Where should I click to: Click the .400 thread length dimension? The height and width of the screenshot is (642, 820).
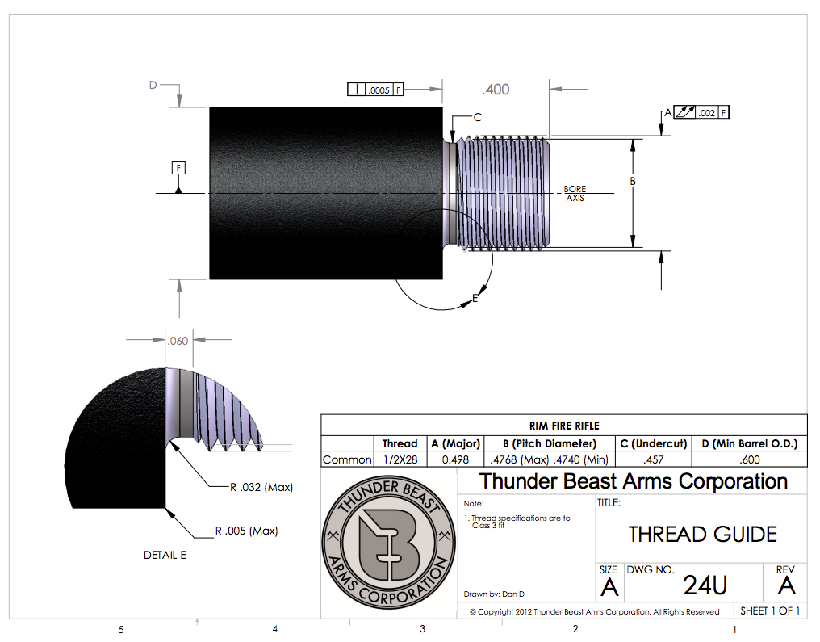point(496,89)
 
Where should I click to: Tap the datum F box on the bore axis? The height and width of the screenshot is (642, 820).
point(178,168)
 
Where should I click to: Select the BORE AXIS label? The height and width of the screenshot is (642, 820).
point(575,194)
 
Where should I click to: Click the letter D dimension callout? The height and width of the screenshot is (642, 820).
point(152,84)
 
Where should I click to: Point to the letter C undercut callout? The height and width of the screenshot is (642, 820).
point(478,117)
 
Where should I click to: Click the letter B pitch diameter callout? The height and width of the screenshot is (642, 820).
point(633,181)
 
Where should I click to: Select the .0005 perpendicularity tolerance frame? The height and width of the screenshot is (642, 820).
point(375,90)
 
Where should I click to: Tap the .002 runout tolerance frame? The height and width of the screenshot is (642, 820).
point(701,111)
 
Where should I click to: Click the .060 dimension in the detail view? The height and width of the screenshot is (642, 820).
point(177,341)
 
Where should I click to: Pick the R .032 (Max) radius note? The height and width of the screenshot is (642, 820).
point(261,487)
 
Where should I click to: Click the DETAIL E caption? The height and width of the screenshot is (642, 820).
point(165,555)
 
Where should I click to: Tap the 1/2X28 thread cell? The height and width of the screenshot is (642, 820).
point(400,459)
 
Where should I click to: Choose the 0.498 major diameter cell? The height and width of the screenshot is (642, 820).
point(456,459)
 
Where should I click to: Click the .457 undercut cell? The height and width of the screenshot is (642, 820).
point(653,459)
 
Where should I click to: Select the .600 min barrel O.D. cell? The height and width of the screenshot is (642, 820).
point(750,459)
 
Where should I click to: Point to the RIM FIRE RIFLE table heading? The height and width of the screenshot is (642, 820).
point(564,426)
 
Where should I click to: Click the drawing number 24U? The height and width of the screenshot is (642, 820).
point(706,585)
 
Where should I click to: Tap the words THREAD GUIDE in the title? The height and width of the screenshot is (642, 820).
point(702,534)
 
